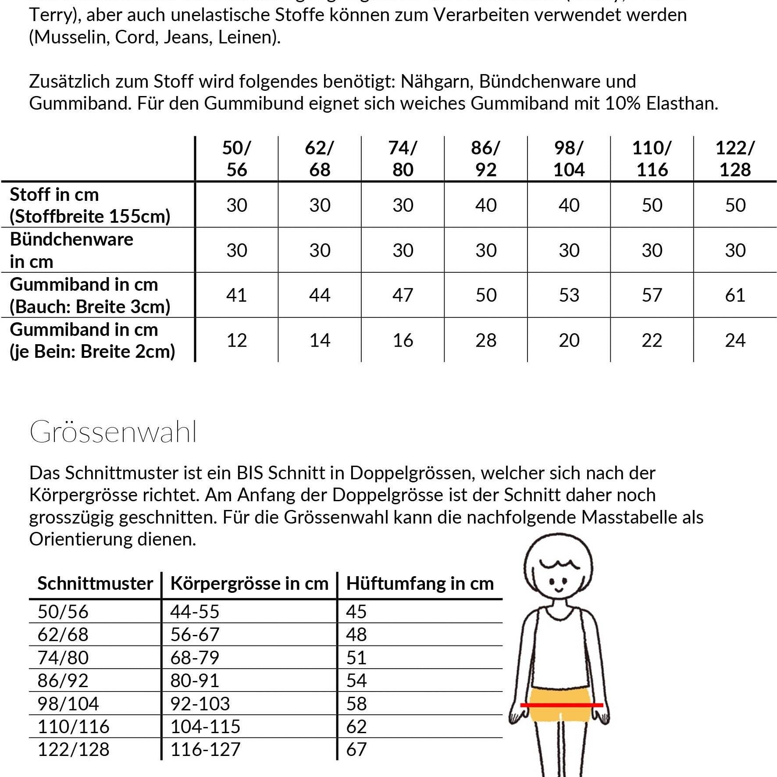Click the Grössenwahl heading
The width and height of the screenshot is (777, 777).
(113, 432)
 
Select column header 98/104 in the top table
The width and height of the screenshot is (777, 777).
(569, 159)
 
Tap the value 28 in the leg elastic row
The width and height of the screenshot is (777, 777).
(486, 340)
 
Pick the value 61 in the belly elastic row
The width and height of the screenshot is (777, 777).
(735, 295)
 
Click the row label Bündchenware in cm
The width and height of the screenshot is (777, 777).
(71, 250)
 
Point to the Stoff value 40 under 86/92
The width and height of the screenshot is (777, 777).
(486, 205)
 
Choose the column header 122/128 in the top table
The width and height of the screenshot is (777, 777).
(735, 159)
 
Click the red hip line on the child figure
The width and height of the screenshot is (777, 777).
(561, 705)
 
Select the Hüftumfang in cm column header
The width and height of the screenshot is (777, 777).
(420, 584)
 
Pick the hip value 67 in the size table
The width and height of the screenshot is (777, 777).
(356, 749)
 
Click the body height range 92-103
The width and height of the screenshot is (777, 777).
(200, 703)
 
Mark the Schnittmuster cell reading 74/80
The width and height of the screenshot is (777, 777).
(63, 658)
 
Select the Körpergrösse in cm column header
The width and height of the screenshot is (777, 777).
(249, 584)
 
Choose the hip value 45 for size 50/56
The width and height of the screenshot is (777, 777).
(356, 612)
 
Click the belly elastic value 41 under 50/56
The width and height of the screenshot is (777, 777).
(236, 295)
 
